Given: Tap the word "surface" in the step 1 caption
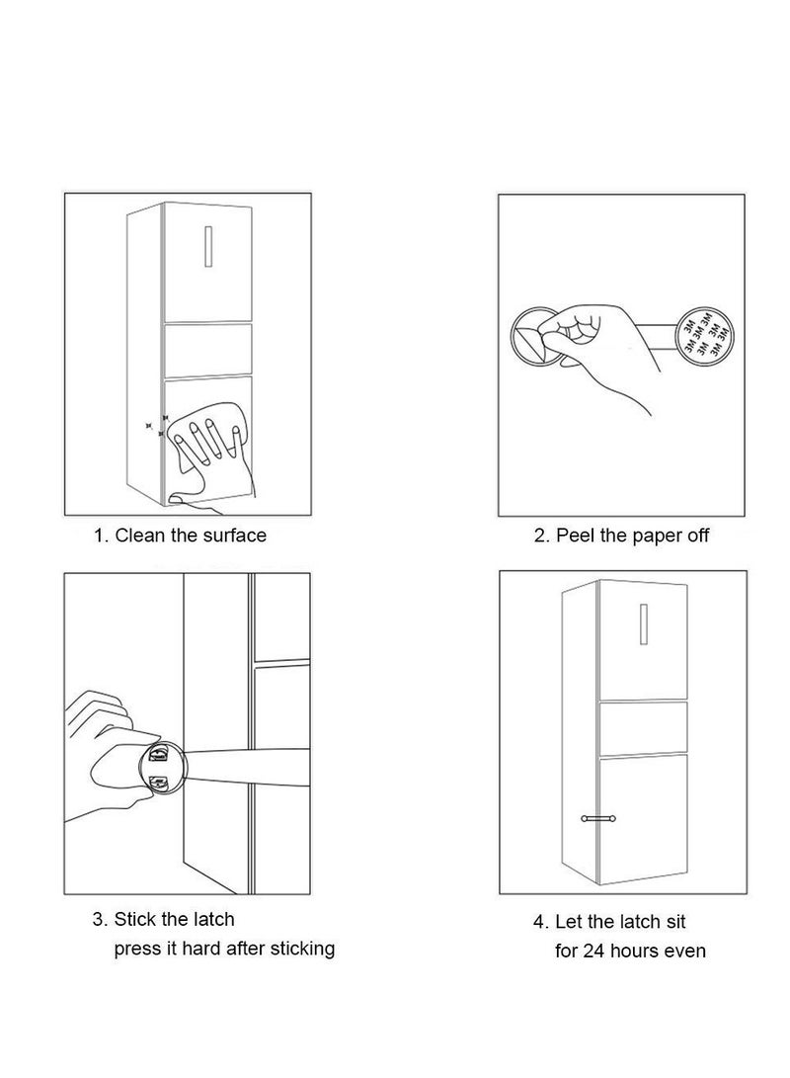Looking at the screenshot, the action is click(234, 536).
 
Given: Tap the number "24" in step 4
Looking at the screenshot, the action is click(593, 952).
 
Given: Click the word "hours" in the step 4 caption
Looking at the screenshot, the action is click(633, 952).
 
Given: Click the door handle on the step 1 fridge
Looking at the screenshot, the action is click(208, 245).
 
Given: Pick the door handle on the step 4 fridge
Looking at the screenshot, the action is click(644, 623).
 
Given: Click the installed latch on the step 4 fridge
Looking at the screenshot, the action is click(598, 818).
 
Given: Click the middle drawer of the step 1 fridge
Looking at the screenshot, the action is click(207, 350).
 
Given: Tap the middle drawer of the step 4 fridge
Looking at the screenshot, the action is click(644, 728).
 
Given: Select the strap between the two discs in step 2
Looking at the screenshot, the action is click(655, 336).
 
